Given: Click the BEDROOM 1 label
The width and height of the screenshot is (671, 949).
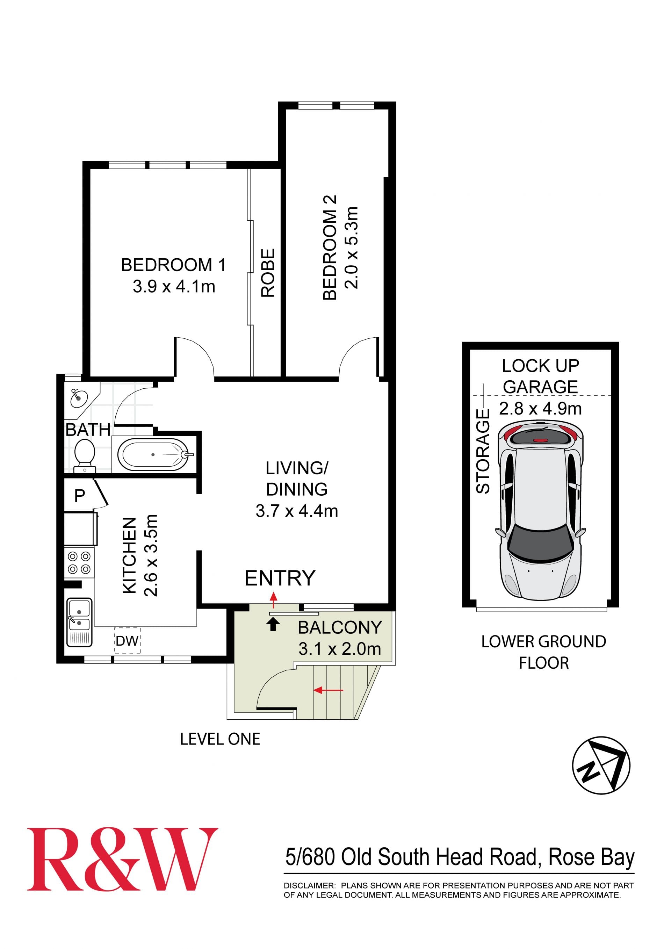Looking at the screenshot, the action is click(x=174, y=265).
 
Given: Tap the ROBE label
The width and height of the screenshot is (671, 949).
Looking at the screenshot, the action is click(x=268, y=273).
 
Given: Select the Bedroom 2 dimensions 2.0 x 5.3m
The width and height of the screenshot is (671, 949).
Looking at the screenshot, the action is click(x=351, y=247).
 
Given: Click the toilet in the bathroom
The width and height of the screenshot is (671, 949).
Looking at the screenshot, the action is click(x=85, y=455).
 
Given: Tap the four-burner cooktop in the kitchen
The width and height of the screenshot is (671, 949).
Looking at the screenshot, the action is click(x=79, y=563).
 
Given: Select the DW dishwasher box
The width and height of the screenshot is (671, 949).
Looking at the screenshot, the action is click(x=127, y=641).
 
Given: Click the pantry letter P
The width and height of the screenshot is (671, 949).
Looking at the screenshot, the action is click(x=79, y=495).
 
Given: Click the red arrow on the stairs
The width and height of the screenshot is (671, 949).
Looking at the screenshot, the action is click(x=328, y=690).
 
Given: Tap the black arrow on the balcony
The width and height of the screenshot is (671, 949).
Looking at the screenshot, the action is click(x=273, y=625).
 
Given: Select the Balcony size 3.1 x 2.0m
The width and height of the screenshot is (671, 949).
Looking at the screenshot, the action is click(x=340, y=649).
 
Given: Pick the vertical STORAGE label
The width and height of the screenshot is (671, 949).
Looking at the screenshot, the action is click(x=483, y=451).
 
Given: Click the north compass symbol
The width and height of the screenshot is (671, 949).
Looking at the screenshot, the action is click(x=601, y=765).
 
